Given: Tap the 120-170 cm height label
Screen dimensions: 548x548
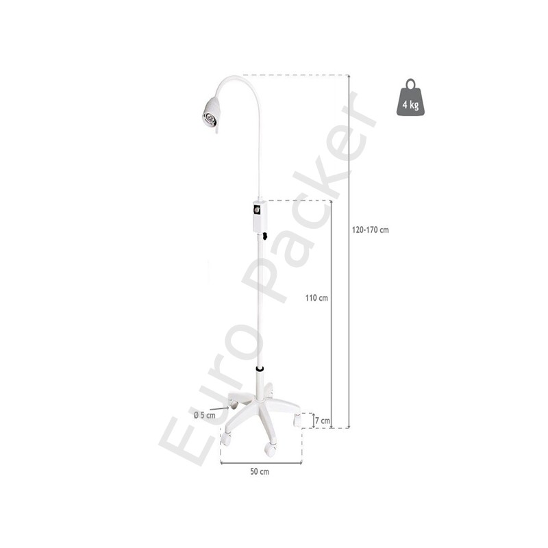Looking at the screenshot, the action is (370, 230).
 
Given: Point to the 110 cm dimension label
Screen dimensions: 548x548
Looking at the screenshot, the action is (316, 298).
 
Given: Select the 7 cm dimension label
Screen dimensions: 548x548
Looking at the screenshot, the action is (322, 421).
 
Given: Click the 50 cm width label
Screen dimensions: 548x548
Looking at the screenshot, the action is (260, 471).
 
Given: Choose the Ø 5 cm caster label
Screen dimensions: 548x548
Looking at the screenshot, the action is (205, 415).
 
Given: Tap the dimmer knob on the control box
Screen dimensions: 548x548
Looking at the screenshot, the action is (257, 210).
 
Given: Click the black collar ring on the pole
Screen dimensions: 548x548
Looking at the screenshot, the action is (260, 369).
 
